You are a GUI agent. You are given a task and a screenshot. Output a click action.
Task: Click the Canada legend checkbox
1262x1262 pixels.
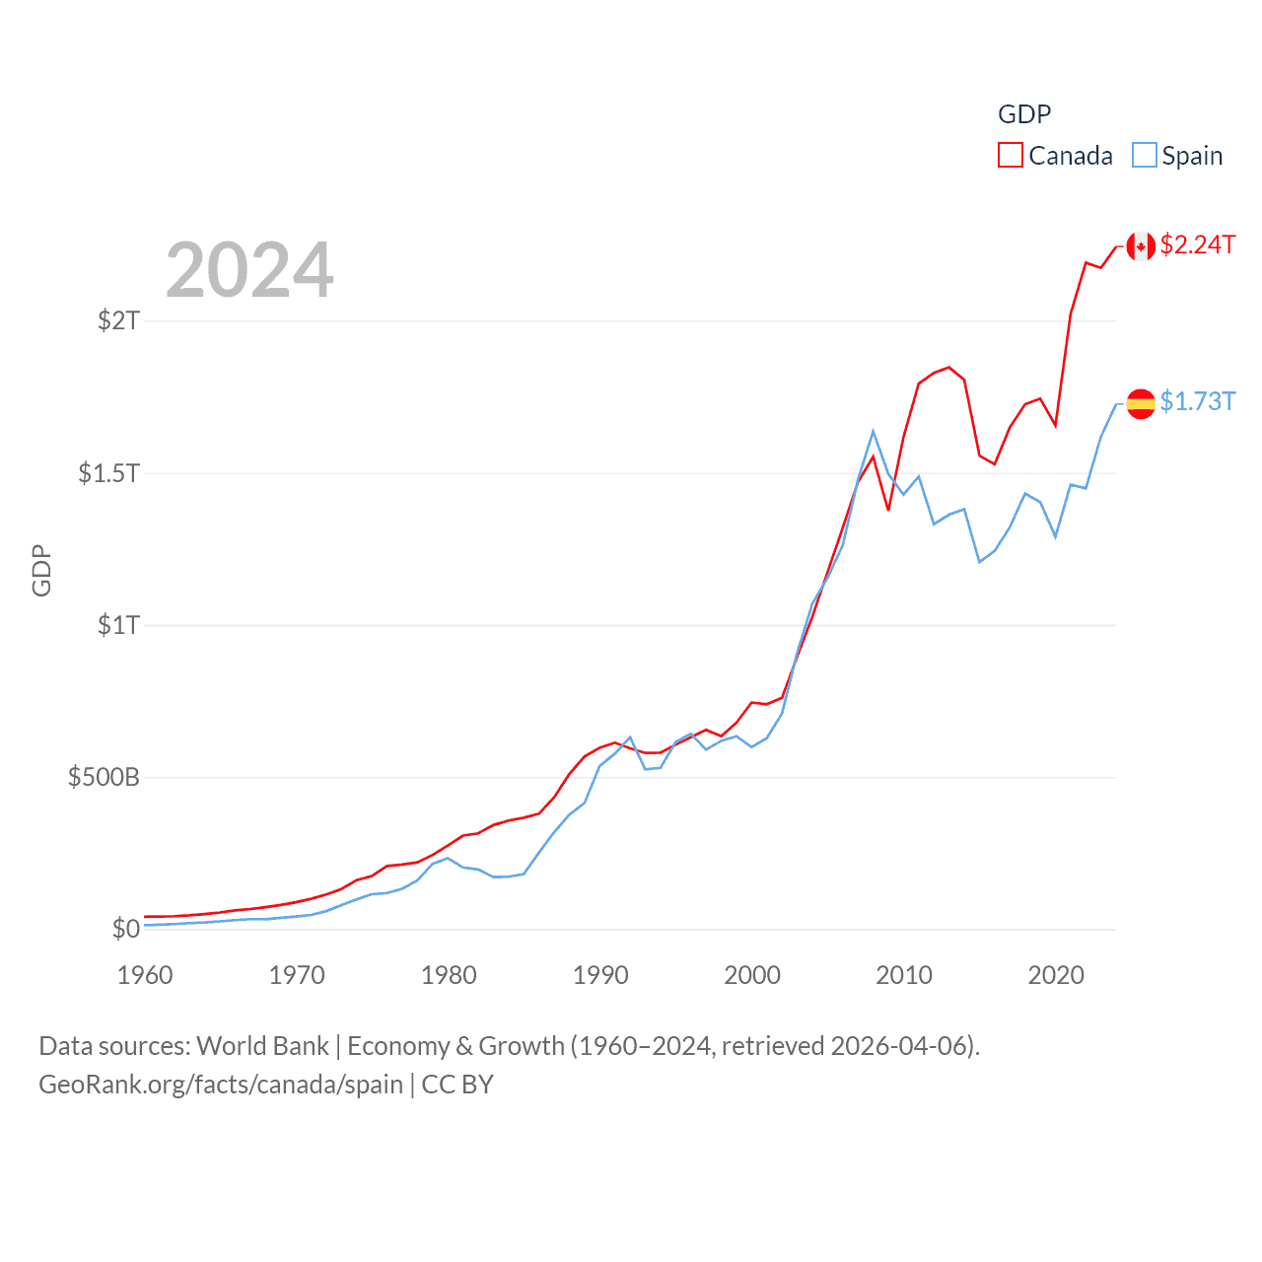tap(1011, 156)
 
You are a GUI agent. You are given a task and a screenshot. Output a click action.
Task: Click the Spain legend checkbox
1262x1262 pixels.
tap(1144, 156)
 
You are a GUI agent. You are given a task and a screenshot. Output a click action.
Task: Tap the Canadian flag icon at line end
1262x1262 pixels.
tap(1141, 246)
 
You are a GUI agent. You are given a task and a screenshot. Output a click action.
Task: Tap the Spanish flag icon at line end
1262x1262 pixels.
tap(1141, 403)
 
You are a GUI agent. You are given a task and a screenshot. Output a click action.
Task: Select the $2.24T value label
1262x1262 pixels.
tap(1198, 245)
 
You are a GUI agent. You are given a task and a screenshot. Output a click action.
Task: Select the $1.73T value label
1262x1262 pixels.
tap(1198, 401)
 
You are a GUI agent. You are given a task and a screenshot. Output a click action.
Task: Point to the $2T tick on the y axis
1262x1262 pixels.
tap(119, 320)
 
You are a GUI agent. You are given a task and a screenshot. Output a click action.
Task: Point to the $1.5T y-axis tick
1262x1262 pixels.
tap(109, 473)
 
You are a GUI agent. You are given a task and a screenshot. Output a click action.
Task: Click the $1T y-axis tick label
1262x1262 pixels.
tap(119, 625)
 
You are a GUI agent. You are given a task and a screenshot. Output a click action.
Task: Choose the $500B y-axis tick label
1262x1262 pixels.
tap(104, 777)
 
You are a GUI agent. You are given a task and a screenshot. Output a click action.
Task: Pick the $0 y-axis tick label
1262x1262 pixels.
tap(126, 929)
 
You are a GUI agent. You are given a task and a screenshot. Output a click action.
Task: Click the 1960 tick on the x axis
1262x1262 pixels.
tap(145, 975)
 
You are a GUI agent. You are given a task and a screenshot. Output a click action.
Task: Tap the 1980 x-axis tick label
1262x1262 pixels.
tap(449, 975)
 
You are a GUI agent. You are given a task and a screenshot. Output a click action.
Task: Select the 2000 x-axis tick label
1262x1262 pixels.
tap(752, 975)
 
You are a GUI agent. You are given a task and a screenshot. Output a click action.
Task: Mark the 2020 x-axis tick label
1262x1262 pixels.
tap(1056, 975)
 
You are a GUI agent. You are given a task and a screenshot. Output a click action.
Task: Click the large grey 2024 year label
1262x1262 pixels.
tap(249, 270)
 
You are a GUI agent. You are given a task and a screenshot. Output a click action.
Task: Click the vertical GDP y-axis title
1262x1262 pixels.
tap(41, 570)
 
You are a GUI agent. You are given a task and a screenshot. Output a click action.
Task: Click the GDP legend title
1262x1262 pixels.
tap(1024, 114)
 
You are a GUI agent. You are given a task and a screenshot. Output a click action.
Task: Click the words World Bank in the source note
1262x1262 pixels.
tap(262, 1046)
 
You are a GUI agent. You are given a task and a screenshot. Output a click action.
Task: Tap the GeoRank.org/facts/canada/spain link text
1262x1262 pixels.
tap(221, 1085)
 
